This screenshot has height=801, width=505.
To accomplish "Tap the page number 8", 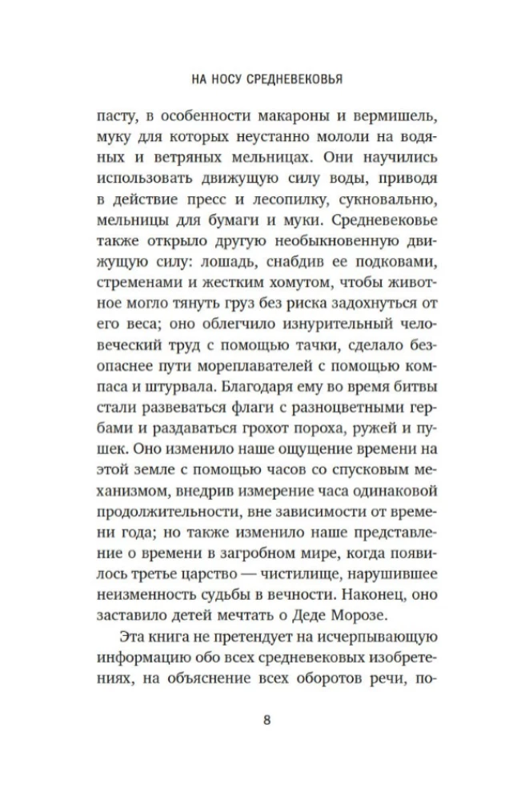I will click(x=267, y=718).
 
